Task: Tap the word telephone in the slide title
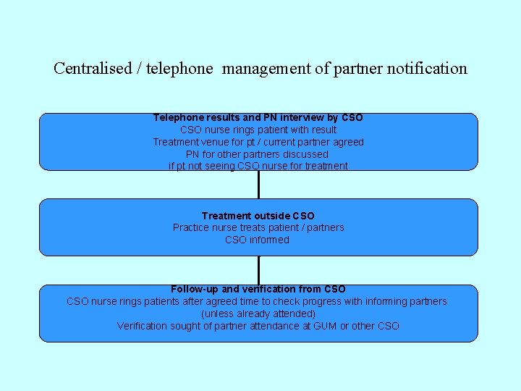179,69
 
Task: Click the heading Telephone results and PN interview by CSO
258,117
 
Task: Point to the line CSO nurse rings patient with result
258,130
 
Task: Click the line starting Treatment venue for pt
258,142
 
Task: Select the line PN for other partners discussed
258,154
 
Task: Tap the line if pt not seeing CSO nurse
258,166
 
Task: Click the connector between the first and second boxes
258,185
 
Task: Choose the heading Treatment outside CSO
258,216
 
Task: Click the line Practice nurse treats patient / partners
258,227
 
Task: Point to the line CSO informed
257,240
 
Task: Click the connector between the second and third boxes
258,270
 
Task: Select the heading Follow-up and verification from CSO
258,290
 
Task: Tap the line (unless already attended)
258,314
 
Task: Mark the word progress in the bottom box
325,301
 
